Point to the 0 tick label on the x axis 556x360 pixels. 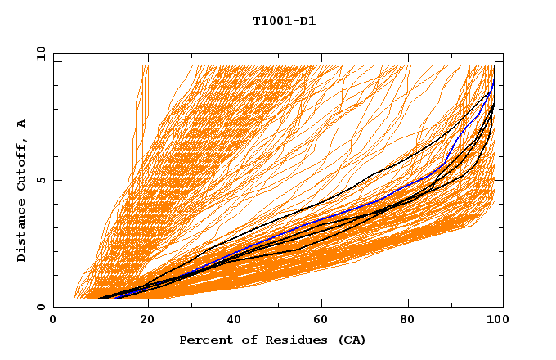click(53, 321)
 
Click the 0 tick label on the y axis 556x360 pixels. click(41, 308)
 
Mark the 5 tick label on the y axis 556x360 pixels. click(41, 181)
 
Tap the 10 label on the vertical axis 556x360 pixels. click(38, 54)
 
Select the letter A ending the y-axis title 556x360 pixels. click(22, 124)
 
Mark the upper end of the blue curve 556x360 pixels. click(493, 82)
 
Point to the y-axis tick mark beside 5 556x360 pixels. click(56, 181)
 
